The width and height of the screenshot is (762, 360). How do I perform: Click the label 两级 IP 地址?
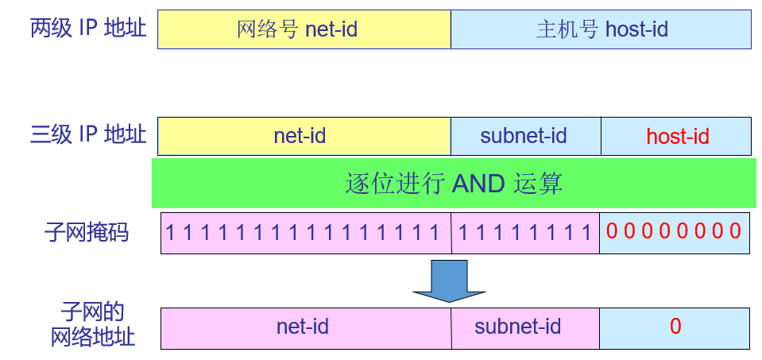click(88, 29)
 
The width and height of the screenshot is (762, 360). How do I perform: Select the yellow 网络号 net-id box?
click(304, 29)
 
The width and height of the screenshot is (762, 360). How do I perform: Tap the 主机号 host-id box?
click(601, 29)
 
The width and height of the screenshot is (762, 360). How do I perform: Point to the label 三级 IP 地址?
click(88, 134)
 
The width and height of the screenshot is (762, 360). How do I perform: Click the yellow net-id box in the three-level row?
click(304, 136)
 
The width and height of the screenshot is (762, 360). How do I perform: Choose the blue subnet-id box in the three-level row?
click(525, 136)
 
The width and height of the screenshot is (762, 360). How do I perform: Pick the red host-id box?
click(676, 136)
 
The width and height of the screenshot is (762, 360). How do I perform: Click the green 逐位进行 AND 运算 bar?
click(454, 184)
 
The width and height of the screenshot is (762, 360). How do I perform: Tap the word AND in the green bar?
click(478, 184)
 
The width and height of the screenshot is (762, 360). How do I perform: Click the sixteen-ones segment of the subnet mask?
click(306, 232)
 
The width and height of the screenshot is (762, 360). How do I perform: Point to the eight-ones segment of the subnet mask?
click(525, 232)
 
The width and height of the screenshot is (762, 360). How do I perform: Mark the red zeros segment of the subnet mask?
click(674, 232)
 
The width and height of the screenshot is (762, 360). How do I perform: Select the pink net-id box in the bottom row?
click(306, 327)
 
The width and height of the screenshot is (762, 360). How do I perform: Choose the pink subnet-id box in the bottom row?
click(525, 327)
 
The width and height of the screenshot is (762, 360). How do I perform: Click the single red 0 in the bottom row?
click(675, 327)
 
